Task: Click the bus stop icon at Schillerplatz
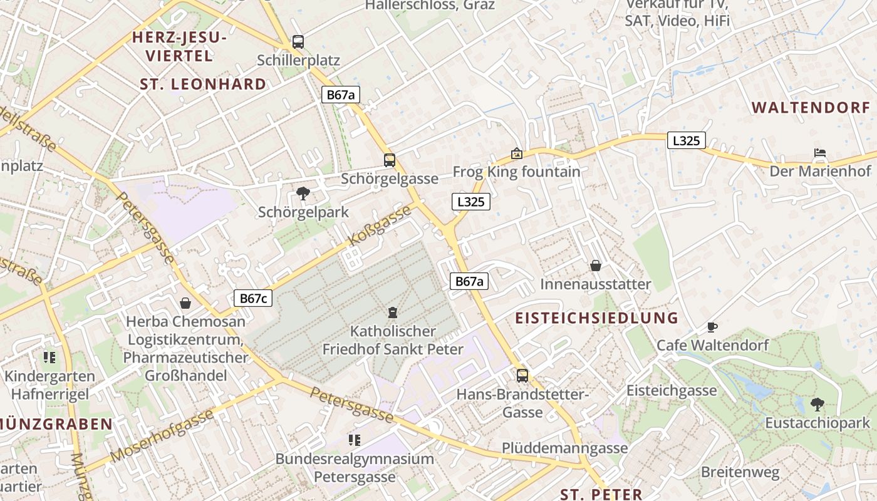coord(298,42)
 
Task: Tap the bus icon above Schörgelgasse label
coord(390,160)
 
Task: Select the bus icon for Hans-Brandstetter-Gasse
coord(522,376)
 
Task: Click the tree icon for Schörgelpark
coord(303,193)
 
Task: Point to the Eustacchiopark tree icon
coord(817,404)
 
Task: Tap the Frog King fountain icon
coord(517,153)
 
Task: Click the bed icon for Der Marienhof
coord(820,152)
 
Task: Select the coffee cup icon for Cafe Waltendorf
coord(712,327)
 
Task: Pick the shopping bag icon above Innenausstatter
coord(596,266)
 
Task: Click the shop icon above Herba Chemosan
coord(185,303)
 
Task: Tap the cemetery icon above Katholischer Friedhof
coord(393,312)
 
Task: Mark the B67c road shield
coord(253,298)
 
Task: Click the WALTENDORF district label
coord(811,107)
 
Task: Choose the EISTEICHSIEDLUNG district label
coord(596,318)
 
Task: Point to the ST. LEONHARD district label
coord(203,84)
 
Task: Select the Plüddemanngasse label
coord(564,448)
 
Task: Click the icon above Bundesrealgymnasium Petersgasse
coord(355,440)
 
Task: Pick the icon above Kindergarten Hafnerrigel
coord(49,358)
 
